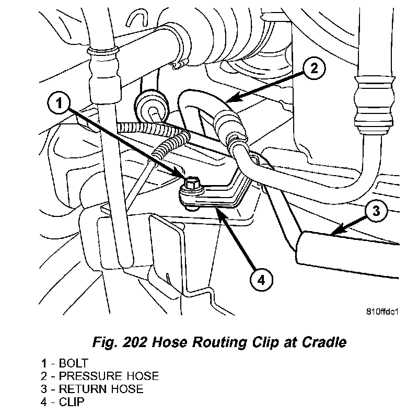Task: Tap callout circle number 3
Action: [377, 211]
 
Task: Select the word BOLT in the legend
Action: [74, 363]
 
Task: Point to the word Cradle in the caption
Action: [325, 343]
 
